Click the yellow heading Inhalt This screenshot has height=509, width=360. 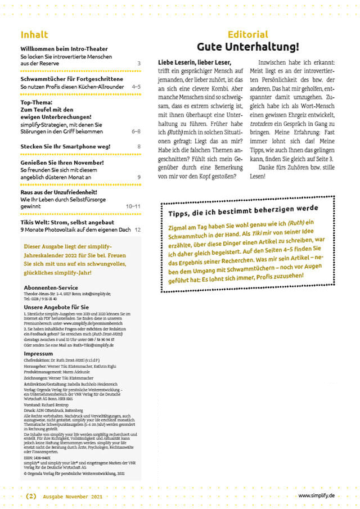34,34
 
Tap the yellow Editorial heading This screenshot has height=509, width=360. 247,34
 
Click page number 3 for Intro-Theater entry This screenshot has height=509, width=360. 139,65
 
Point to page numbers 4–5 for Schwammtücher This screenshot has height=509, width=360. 136,88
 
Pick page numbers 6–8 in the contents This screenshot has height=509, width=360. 136,131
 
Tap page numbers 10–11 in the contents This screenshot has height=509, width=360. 134,206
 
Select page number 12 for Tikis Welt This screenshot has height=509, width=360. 138,229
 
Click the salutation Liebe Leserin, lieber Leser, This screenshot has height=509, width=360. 195,62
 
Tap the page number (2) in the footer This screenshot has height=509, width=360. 31,496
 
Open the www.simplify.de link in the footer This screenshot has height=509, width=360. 316,496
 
